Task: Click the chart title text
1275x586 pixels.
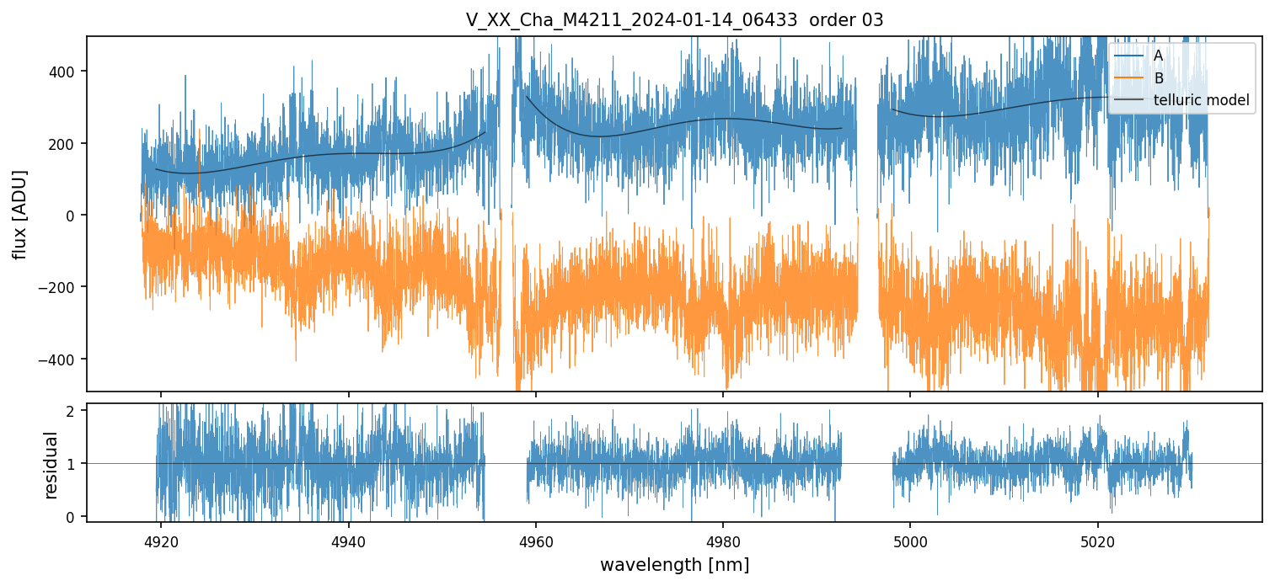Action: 674,20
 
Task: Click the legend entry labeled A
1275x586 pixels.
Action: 1158,56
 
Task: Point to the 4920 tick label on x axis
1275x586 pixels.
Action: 162,541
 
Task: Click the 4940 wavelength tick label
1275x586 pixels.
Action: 349,541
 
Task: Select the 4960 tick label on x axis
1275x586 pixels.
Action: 536,541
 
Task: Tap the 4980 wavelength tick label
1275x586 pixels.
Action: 723,541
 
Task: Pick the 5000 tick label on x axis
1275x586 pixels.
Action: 910,541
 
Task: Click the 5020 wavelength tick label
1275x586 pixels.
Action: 1097,541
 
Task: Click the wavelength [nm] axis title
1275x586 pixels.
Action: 674,564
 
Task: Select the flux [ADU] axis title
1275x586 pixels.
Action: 19,214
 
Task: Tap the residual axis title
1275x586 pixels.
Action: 51,465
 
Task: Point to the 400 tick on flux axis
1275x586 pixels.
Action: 66,72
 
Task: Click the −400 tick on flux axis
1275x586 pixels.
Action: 62,360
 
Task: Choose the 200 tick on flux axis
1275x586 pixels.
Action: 66,144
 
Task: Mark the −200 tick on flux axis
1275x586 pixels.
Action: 62,287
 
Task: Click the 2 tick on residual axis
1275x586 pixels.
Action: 72,411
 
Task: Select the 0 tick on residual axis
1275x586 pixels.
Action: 72,516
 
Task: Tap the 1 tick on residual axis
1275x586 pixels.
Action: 72,464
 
